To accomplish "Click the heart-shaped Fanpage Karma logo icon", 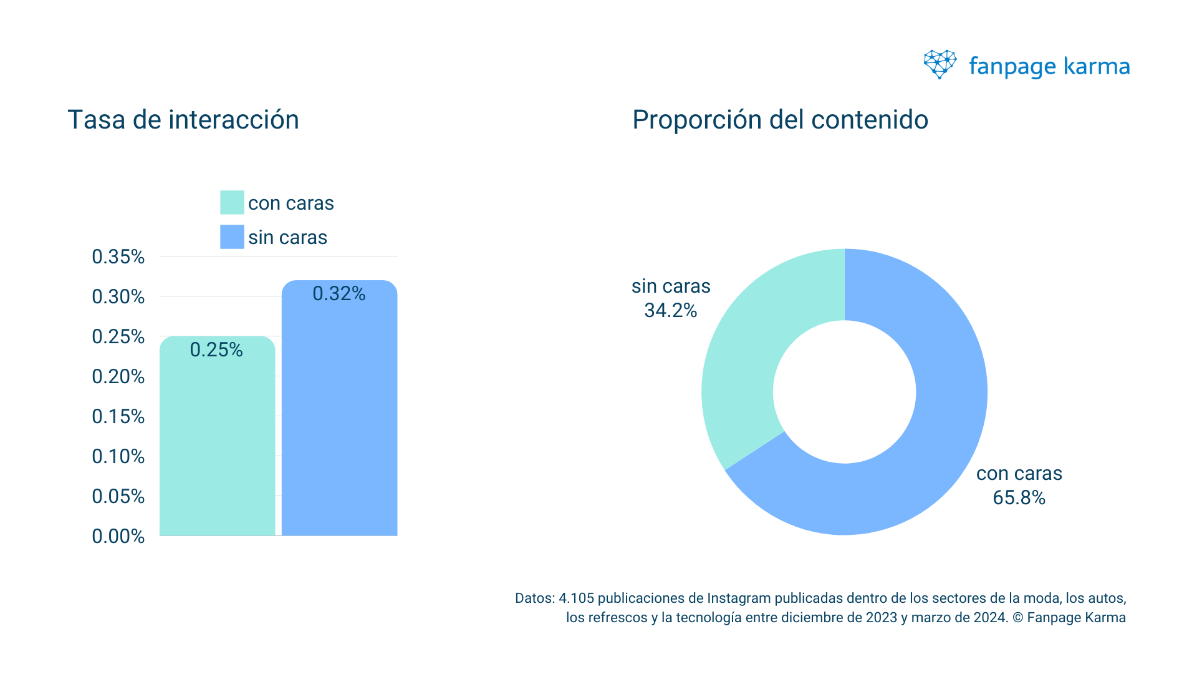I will pos(940,64).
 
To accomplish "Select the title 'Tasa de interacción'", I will pos(183,120).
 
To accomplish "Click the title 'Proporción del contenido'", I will pos(780,120).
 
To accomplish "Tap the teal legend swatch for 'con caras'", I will pos(232,203).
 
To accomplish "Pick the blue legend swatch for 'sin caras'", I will pos(232,237).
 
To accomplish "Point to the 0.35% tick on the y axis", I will pos(118,256).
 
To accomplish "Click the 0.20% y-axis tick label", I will pos(118,376).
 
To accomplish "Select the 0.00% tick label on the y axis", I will pos(118,536).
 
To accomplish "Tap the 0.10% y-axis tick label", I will pos(118,456).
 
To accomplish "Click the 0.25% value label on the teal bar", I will pos(216,349).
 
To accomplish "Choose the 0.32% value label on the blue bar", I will pos(339,293).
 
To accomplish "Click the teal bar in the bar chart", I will pos(217,449).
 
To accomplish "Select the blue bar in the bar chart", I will pos(339,424).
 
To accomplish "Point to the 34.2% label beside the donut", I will pos(670,310).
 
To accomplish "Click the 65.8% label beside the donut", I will pos(1019,497).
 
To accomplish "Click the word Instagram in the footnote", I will pos(739,598).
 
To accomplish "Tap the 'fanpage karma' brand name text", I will pos(1049,66).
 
